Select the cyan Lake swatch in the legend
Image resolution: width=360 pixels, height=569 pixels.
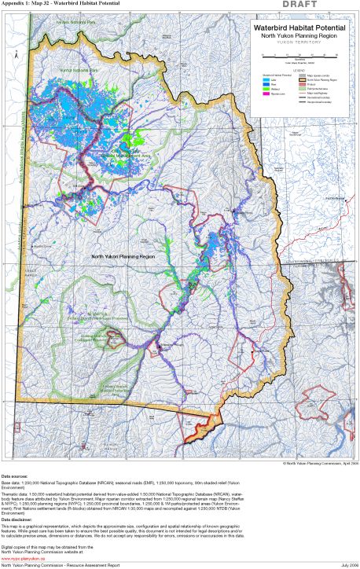coord(266,80)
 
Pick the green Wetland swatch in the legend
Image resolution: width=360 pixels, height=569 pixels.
coord(266,88)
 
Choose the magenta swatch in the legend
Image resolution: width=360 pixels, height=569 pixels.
coord(266,93)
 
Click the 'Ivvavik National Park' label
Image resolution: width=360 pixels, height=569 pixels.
coord(78,21)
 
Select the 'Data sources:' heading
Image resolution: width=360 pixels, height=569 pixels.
coord(16,476)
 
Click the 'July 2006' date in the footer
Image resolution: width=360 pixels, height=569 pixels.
coord(347,565)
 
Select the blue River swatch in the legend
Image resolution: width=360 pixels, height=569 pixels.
coord(266,84)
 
